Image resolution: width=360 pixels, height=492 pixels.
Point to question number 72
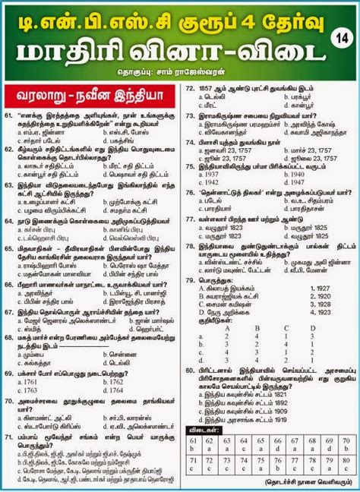pos(190,88)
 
